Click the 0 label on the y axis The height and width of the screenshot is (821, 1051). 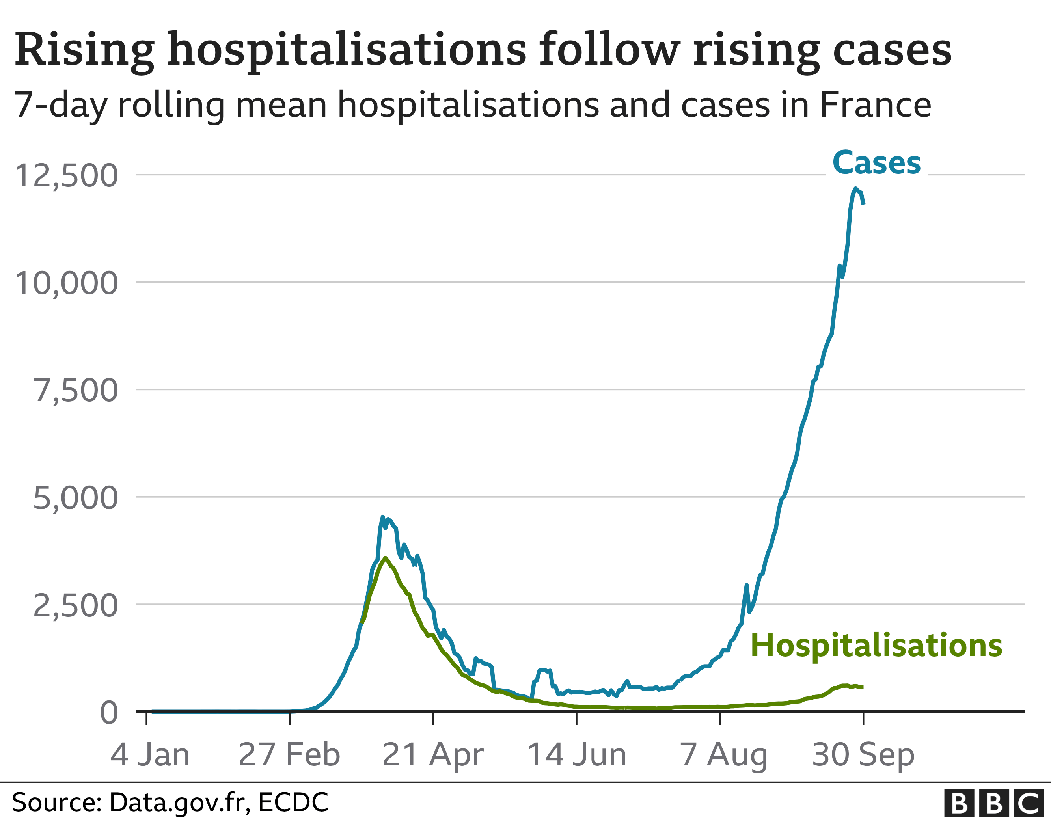[109, 712]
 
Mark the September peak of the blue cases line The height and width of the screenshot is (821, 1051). [855, 189]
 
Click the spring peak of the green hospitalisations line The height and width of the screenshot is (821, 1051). [385, 558]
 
